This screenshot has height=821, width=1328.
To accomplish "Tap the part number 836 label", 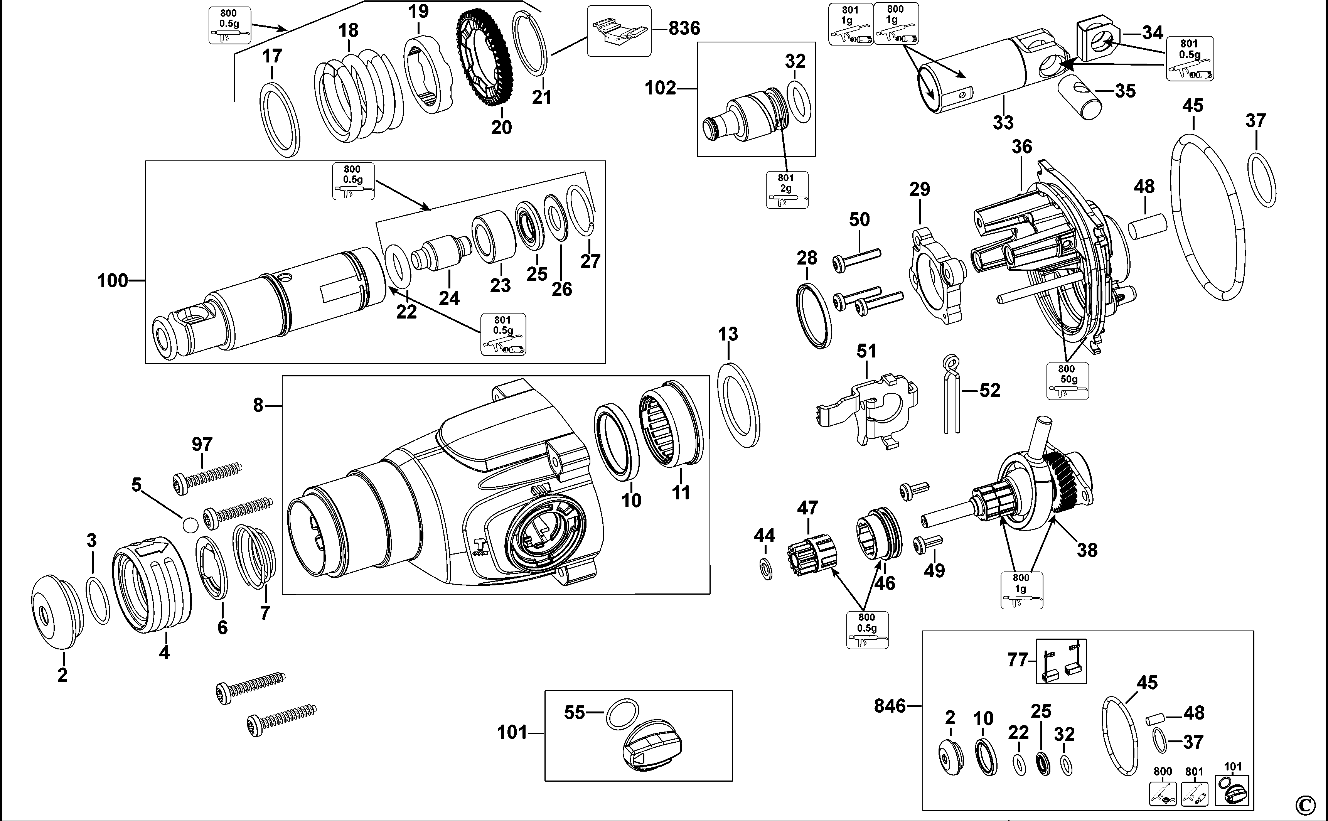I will (x=684, y=28).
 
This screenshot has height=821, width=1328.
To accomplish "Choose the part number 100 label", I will (x=112, y=281).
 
